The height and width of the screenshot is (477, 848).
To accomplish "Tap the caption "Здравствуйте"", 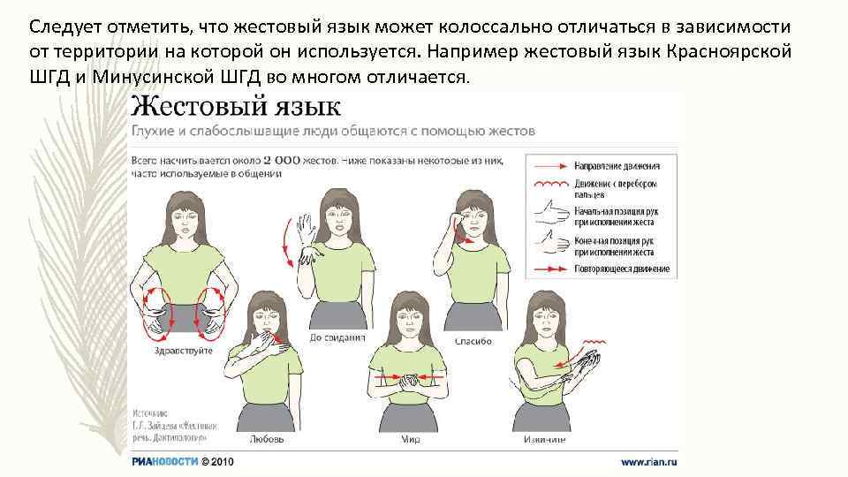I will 183,351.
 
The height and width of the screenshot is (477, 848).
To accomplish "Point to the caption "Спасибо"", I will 473,340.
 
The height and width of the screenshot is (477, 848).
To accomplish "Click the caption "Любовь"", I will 268,437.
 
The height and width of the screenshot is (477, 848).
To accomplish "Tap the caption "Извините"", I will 545,437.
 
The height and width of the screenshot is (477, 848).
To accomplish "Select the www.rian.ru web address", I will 648,461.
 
